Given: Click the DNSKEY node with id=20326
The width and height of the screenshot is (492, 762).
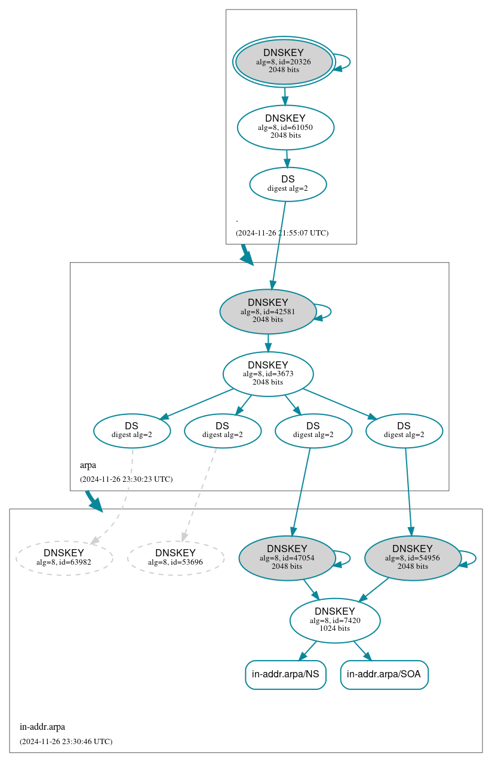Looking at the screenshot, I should point(284,61).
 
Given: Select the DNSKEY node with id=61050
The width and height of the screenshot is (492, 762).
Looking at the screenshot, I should point(285,127).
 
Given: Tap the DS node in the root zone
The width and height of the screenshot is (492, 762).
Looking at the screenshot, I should point(288,184).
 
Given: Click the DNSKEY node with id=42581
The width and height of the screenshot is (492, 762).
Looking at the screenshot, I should point(267,311).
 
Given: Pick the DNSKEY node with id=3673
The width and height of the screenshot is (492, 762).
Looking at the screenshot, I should point(268,374).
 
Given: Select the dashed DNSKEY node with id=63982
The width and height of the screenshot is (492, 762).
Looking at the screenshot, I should point(64,557).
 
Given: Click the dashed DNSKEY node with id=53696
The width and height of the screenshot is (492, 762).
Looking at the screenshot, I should point(176,557).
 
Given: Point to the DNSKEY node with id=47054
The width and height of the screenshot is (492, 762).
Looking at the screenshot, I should point(287,557).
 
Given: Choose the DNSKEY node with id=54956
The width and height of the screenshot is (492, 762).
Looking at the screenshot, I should point(413,557).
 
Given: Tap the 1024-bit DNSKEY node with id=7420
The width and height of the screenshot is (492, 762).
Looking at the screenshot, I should point(335,620).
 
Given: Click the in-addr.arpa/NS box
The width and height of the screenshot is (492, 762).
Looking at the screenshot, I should point(285,674).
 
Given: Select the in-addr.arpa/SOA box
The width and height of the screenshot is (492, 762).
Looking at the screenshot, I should point(384,674).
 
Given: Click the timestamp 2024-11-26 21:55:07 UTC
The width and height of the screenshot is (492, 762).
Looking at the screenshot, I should point(282,233).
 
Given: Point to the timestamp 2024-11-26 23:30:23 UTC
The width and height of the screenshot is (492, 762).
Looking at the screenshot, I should point(126,479).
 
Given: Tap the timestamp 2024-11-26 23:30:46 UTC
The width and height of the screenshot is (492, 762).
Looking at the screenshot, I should point(66,741).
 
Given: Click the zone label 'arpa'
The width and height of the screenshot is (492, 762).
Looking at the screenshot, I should point(88,465).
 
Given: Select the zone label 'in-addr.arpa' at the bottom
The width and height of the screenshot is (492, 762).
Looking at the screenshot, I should point(42,726).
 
